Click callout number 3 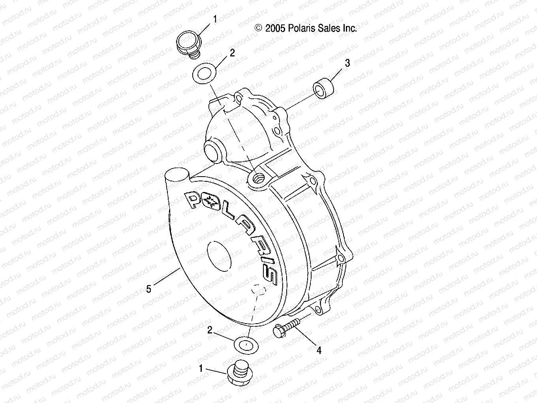pyautogui.click(x=347, y=63)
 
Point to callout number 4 pyautogui.click(x=319, y=350)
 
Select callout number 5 pyautogui.click(x=148, y=289)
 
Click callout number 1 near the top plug pyautogui.click(x=215, y=19)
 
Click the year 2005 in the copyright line pyautogui.click(x=276, y=28)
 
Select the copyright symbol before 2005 pyautogui.click(x=259, y=28)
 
